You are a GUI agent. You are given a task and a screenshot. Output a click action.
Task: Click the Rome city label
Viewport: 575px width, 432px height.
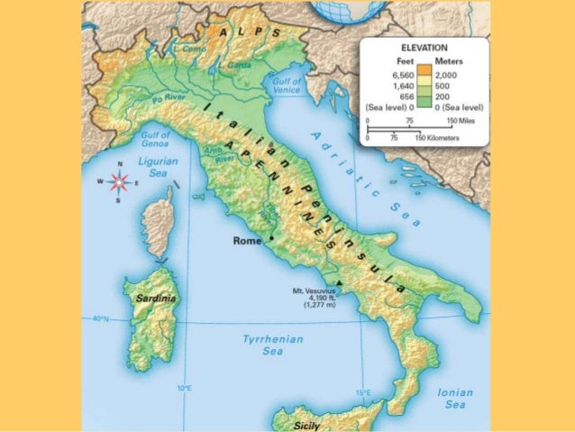246,241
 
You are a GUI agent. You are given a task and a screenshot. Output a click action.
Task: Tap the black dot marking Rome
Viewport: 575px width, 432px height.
270,238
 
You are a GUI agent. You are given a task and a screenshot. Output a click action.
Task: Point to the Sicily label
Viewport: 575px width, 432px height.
313,422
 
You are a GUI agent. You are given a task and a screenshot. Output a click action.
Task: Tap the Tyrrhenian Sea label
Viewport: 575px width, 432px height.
271,345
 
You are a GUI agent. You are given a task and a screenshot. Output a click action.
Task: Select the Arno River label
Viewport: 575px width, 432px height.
221,154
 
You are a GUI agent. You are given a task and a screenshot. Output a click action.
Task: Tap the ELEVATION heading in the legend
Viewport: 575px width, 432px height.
424,47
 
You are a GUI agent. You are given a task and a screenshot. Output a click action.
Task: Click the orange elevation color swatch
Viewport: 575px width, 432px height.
424,71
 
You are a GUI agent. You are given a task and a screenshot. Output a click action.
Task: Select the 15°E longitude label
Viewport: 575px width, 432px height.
362,392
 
